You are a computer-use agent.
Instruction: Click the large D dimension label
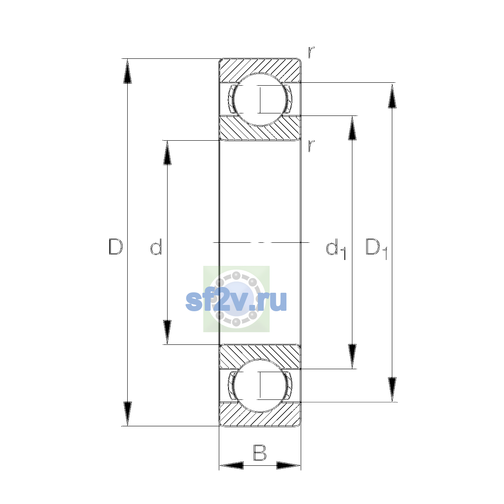(115, 247)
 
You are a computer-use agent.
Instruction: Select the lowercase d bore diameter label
(156, 247)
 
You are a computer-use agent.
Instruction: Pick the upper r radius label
(311, 52)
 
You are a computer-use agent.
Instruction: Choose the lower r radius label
(311, 146)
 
